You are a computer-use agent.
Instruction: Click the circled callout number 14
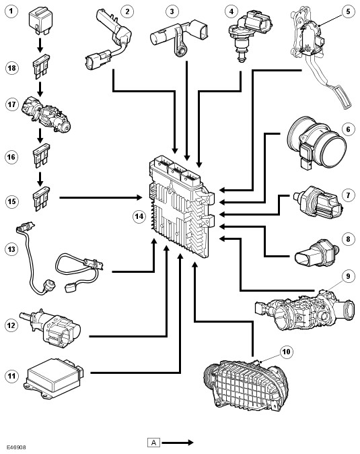(139, 216)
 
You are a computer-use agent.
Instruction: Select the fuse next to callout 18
(41, 67)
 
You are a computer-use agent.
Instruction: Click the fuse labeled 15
(41, 199)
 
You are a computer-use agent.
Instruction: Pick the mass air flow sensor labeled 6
(317, 142)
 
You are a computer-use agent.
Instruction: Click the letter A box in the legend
(153, 443)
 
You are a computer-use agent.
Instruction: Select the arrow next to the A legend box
(178, 443)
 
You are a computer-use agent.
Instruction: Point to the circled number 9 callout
(348, 276)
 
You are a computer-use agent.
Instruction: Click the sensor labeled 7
(318, 202)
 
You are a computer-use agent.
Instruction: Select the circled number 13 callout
(11, 249)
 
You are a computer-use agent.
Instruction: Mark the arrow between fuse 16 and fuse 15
(40, 179)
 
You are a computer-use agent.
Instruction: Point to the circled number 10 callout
(286, 352)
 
